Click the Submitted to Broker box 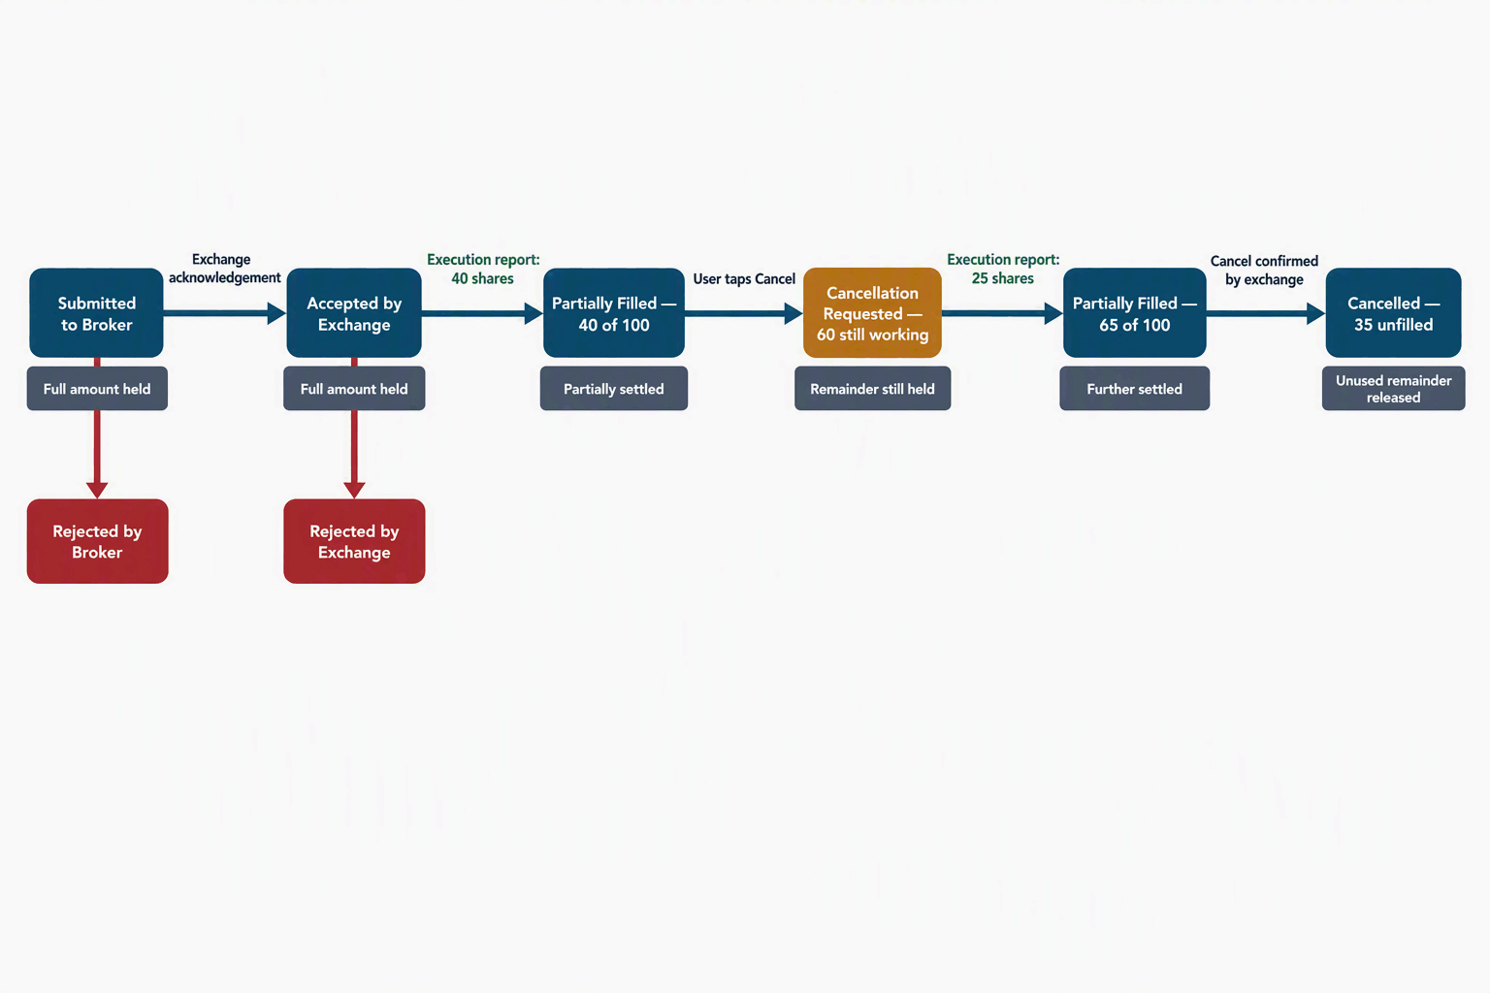pos(96,312)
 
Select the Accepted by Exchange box pos(354,312)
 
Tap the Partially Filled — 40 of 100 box pos(614,312)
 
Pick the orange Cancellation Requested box pos(872,312)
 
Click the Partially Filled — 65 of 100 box pos(1135,312)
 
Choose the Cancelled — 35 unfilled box pos(1394,312)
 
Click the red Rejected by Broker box pos(97,541)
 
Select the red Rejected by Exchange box pos(354,541)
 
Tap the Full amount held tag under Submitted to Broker pos(97,389)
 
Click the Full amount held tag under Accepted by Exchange pos(354,389)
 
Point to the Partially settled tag pos(614,389)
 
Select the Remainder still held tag pos(873,389)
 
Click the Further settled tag pos(1135,389)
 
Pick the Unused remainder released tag pos(1394,389)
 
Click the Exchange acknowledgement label pos(224,268)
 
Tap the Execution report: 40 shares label pos(483,269)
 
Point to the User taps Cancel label pos(744,278)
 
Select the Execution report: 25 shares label pos(1003,269)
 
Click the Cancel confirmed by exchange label pos(1264,270)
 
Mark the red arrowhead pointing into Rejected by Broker pos(97,490)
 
